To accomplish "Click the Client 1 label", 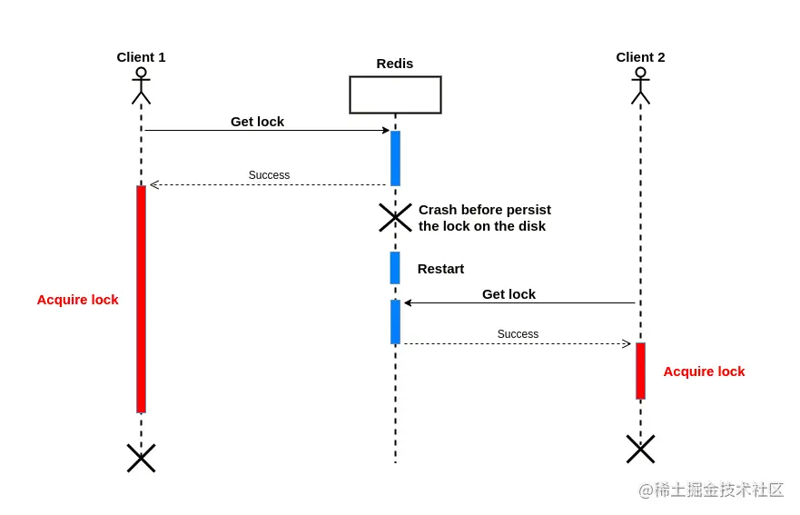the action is [141, 57].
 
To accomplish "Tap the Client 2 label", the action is [640, 57].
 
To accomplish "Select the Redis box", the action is [395, 95].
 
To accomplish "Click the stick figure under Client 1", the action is [142, 85].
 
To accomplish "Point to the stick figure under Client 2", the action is [640, 85].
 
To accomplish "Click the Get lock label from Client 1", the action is [257, 122].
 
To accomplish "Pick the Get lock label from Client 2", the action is [509, 294].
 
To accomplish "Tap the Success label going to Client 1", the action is [269, 175].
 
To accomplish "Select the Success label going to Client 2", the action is [518, 334].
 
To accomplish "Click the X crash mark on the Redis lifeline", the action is [395, 217].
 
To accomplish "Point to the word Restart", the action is [440, 269].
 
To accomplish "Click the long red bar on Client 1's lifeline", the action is [142, 299].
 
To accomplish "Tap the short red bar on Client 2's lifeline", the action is [640, 371].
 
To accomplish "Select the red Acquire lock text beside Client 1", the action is [77, 300].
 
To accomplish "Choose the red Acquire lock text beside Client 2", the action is [704, 371].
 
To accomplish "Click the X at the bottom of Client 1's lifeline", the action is [142, 458].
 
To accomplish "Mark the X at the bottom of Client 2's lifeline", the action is [640, 450].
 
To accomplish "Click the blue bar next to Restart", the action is [395, 267].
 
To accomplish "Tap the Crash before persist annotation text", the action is [485, 218].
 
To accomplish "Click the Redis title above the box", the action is [395, 64].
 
